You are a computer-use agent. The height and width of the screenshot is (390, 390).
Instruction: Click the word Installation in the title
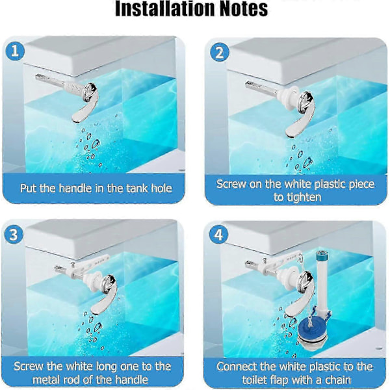pyautogui.click(x=165, y=8)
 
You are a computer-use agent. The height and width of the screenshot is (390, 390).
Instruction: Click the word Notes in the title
pyautogui.click(x=244, y=8)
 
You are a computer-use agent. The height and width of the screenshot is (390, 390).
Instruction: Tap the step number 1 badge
pyautogui.click(x=15, y=51)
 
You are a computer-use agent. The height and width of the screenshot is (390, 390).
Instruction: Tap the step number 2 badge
pyautogui.click(x=220, y=53)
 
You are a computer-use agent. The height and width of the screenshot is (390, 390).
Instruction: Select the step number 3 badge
pyautogui.click(x=14, y=235)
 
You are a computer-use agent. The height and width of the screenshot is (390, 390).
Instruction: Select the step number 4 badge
pyautogui.click(x=218, y=235)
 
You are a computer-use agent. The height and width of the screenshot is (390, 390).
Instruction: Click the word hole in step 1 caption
pyautogui.click(x=161, y=188)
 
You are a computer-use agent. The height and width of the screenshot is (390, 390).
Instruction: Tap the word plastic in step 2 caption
pyautogui.click(x=330, y=185)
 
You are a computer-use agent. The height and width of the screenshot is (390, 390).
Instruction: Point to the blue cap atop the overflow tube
pyautogui.click(x=320, y=255)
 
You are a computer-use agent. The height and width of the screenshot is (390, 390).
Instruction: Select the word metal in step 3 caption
pyautogui.click(x=45, y=380)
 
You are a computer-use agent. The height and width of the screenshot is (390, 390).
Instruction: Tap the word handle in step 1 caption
pyautogui.click(x=75, y=188)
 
